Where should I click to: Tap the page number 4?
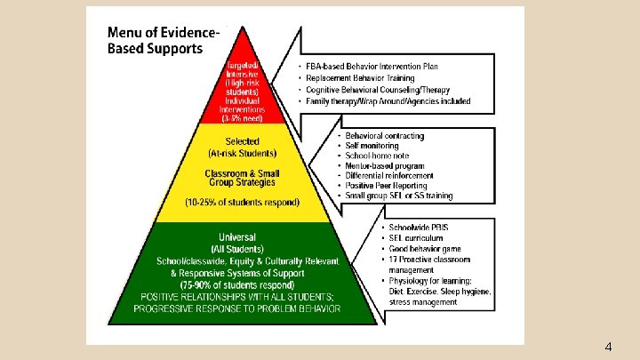[x=607, y=346]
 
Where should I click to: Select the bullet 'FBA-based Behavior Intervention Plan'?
[x=372, y=67]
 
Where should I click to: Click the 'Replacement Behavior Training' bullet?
[x=359, y=78]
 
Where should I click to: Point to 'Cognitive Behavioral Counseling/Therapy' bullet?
[x=376, y=90]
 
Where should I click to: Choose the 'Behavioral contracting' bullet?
[x=379, y=136]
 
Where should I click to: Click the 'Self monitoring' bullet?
[x=366, y=146]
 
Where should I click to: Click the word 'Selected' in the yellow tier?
[x=242, y=141]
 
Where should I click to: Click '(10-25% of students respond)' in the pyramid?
[x=243, y=202]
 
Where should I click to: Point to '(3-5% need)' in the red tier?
[x=244, y=118]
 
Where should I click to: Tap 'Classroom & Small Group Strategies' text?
[x=242, y=177]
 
